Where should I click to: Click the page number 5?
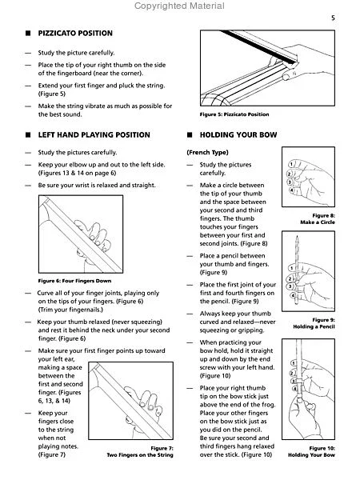[x=333, y=18]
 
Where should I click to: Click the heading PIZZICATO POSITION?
[x=75, y=34]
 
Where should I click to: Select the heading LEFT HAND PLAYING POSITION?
[x=94, y=135]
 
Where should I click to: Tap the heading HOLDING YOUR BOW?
[x=238, y=135]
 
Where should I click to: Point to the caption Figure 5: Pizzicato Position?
[x=234, y=114]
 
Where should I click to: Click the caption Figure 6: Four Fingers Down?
[x=74, y=281]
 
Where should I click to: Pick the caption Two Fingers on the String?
[x=140, y=455]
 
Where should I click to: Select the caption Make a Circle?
[x=318, y=222]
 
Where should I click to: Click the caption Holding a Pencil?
[x=314, y=326]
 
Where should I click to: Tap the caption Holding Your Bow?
[x=311, y=455]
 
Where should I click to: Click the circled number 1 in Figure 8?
[x=291, y=164]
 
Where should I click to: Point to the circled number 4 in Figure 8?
[x=292, y=190]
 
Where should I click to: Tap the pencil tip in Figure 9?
[x=297, y=236]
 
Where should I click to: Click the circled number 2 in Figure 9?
[x=290, y=279]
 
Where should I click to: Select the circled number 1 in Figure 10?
[x=293, y=363]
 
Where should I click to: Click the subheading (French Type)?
[x=207, y=153]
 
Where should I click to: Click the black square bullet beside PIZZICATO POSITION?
[x=28, y=34]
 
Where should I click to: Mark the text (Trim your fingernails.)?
[x=70, y=310]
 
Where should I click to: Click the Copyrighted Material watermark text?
[x=179, y=6]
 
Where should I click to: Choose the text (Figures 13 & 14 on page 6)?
[x=77, y=174]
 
